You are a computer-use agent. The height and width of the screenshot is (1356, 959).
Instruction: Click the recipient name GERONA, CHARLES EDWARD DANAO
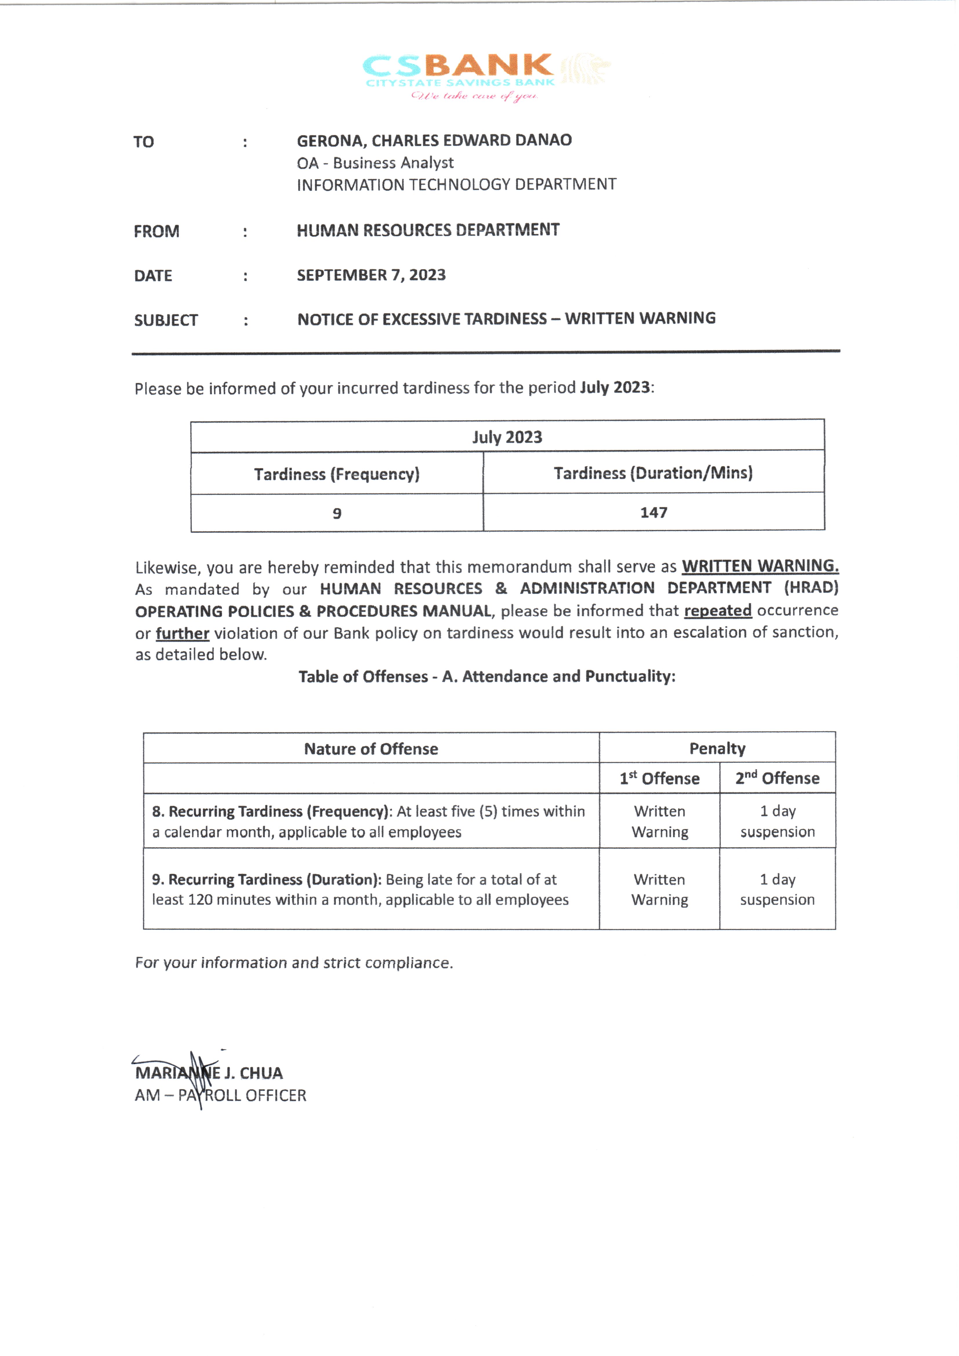tap(434, 141)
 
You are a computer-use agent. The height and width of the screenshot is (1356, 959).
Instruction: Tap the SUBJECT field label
tap(166, 321)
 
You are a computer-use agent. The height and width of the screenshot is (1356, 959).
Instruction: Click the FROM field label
tap(157, 231)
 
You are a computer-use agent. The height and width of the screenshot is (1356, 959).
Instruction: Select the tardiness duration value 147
tap(654, 513)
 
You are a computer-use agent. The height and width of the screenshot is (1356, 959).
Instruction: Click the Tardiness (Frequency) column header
tap(337, 474)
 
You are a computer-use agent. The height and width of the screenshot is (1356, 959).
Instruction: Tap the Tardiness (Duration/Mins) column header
tap(653, 473)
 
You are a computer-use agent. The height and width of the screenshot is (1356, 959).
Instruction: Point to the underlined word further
tap(182, 634)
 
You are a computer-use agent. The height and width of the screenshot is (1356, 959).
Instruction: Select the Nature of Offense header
tap(371, 749)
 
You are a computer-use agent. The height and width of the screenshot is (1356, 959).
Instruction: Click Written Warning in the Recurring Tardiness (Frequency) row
tap(660, 822)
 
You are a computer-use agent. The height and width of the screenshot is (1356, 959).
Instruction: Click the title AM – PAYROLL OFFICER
tap(220, 1096)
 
